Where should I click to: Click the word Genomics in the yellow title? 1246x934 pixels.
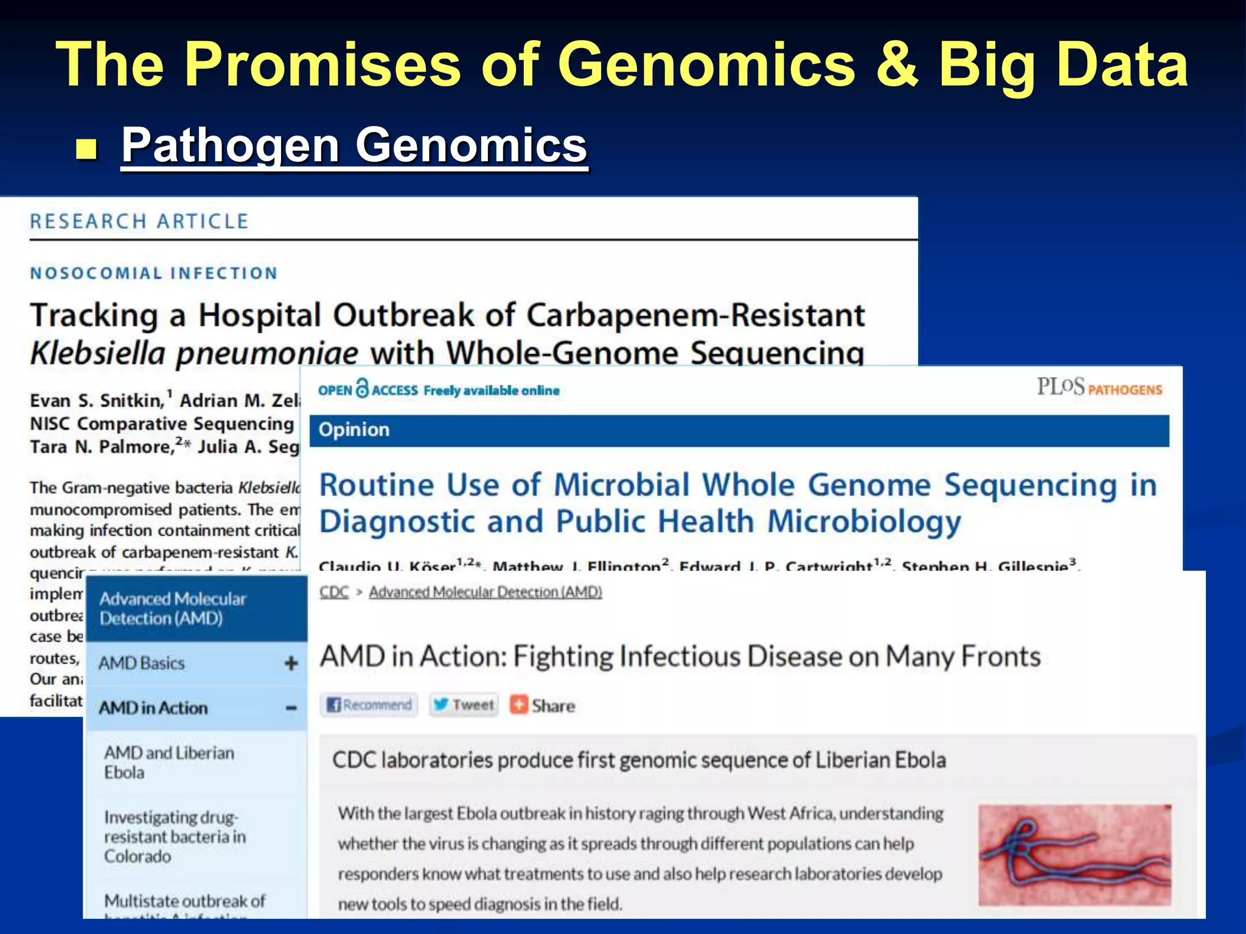pos(706,66)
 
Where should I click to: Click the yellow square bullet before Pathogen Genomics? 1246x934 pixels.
pos(87,148)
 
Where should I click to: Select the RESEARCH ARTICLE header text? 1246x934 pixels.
pos(139,221)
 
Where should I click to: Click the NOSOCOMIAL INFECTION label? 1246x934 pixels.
pos(154,273)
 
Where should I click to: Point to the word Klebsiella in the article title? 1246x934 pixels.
pos(98,353)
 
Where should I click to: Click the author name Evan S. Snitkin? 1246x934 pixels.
pos(97,401)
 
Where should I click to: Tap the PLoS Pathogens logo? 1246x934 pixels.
pos(1099,387)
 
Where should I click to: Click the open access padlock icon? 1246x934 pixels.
pos(362,388)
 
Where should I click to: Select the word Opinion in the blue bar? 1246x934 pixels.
pos(353,430)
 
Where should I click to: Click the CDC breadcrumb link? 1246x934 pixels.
pos(334,592)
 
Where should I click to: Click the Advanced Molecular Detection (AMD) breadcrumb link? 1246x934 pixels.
pos(485,592)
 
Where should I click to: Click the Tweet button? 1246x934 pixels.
pos(464,705)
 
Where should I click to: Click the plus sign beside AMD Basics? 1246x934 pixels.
pos(291,663)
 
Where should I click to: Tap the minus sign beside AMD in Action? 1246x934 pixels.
pos(291,708)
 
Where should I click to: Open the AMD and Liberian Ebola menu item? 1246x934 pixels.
pos(169,762)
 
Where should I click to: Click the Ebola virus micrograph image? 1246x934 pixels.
pos(1074,855)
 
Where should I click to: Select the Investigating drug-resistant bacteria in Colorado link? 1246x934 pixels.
pos(175,836)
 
